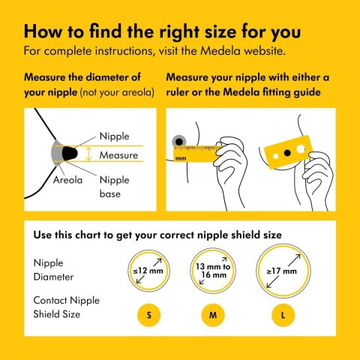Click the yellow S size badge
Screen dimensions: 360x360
[148, 315]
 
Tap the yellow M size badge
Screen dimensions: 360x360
[213, 315]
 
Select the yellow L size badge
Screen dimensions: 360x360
[283, 315]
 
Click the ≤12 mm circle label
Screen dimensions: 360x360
[148, 271]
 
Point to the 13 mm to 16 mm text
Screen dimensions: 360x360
[213, 271]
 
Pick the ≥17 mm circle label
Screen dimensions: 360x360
[282, 271]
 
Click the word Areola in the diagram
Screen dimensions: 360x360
[67, 180]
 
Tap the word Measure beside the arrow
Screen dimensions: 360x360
[118, 155]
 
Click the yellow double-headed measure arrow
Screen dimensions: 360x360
[88, 154]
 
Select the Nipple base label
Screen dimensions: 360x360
[115, 187]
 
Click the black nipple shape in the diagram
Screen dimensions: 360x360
[70, 153]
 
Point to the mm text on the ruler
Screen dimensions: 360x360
[181, 158]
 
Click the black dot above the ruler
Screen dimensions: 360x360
[179, 142]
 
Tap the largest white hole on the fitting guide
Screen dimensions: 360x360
[301, 149]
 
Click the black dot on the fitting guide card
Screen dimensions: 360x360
[287, 152]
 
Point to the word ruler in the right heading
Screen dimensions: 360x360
[177, 92]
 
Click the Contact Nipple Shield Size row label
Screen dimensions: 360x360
[66, 307]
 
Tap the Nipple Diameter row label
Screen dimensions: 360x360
[53, 270]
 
